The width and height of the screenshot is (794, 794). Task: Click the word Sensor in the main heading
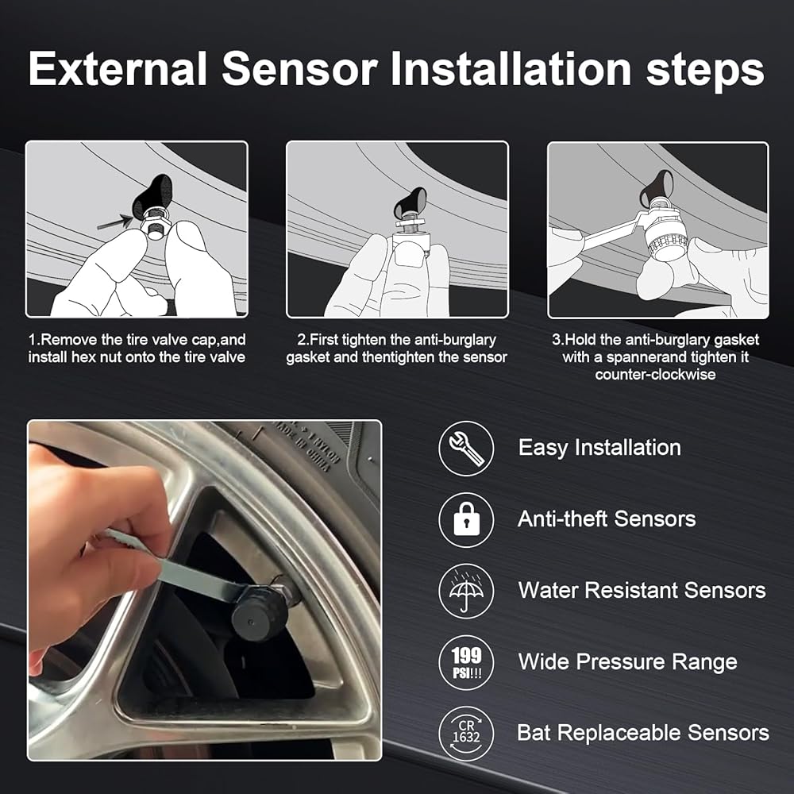(x=300, y=68)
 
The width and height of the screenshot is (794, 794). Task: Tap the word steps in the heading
(x=705, y=71)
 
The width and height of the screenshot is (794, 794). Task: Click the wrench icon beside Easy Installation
(x=466, y=448)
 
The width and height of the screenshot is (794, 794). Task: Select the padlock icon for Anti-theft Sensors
(x=466, y=519)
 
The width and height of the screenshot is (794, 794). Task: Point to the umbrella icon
(x=466, y=591)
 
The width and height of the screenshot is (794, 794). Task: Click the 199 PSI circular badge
(x=466, y=662)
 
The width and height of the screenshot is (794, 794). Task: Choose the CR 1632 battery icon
(x=466, y=734)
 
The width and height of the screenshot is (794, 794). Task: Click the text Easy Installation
(x=599, y=448)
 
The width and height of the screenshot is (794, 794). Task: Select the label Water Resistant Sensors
(x=642, y=591)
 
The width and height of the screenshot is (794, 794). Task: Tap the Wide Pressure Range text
(x=627, y=662)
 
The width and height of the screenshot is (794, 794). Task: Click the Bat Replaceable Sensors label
(x=643, y=733)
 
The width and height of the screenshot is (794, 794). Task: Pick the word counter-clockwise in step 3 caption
(x=655, y=375)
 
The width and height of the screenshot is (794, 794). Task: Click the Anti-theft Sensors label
(x=607, y=519)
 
